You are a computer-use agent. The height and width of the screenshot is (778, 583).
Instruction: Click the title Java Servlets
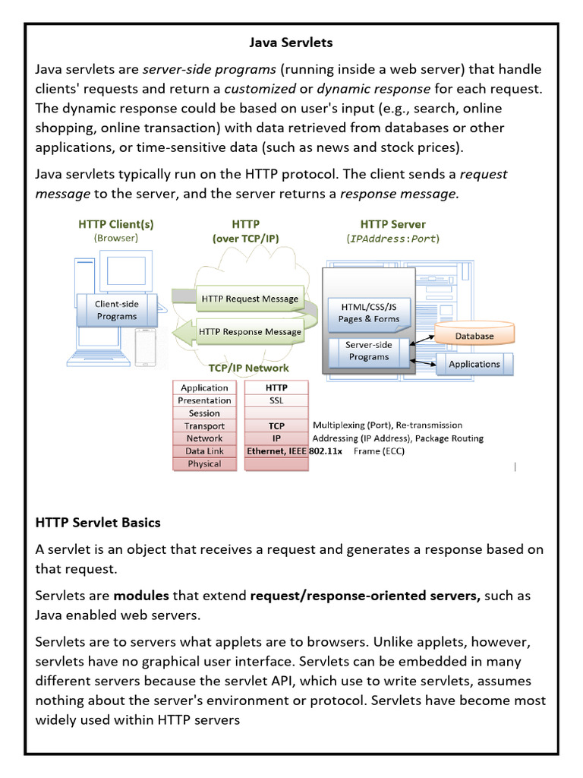click(291, 43)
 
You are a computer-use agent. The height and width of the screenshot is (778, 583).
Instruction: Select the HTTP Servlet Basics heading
click(98, 523)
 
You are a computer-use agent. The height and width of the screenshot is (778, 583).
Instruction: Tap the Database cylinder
click(474, 335)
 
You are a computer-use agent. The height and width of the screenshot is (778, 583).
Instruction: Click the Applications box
click(474, 364)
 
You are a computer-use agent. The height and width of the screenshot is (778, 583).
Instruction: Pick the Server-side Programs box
click(369, 350)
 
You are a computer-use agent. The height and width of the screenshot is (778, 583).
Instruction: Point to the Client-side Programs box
click(116, 310)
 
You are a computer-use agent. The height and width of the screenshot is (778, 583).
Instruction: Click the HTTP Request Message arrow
click(248, 299)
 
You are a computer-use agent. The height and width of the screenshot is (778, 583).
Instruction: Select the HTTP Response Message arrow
click(248, 331)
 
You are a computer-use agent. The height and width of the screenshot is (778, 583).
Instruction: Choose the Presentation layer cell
click(204, 400)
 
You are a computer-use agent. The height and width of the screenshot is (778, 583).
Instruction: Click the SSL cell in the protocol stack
click(276, 400)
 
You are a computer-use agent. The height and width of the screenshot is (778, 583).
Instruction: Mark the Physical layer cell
click(204, 463)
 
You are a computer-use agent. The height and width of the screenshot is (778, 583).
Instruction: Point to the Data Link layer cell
click(204, 451)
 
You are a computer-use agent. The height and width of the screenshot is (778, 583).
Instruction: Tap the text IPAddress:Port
click(392, 239)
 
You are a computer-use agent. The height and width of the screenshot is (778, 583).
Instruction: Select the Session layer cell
click(204, 413)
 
